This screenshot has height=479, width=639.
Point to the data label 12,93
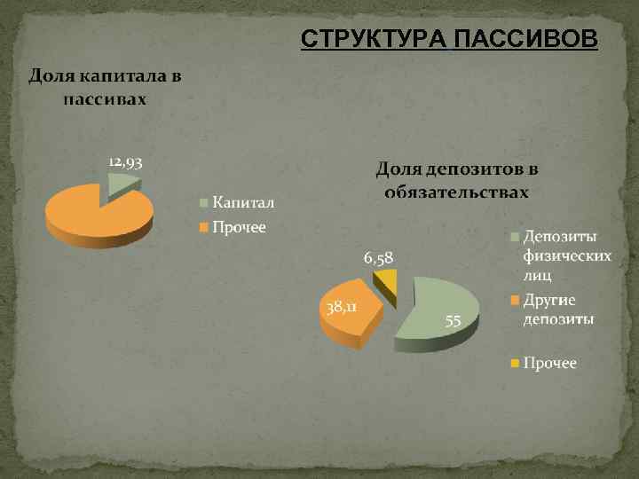coord(126,162)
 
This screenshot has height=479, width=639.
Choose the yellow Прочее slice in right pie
coord(386,283)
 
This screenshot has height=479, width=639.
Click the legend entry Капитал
coord(242,202)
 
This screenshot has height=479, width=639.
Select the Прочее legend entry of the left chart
coord(239,228)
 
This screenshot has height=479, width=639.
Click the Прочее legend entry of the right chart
coord(549,363)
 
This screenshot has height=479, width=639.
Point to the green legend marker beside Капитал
coord(203,202)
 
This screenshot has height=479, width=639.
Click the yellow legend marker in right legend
coord(515,364)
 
